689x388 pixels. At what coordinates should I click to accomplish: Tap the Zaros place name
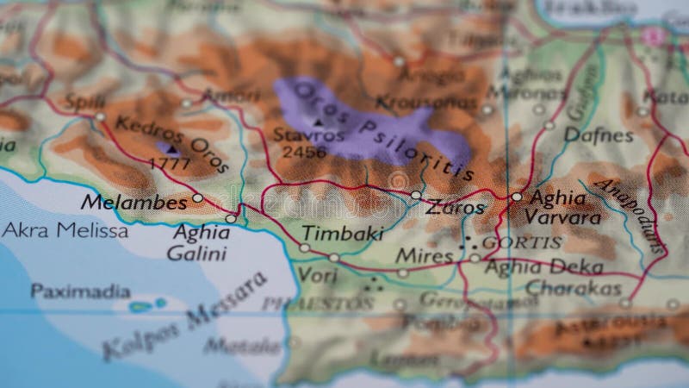coord(456,208)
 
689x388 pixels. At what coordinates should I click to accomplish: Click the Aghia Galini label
coord(200,242)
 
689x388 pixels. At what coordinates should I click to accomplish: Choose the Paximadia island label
coord(80,291)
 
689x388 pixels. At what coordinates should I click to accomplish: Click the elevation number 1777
coord(169,163)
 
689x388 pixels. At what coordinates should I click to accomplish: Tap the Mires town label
coord(424,256)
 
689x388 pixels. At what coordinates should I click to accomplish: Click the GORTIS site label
coord(522,242)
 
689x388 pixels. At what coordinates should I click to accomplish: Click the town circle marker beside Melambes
coord(197,198)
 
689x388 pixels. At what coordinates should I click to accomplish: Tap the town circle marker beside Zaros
coord(416,196)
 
